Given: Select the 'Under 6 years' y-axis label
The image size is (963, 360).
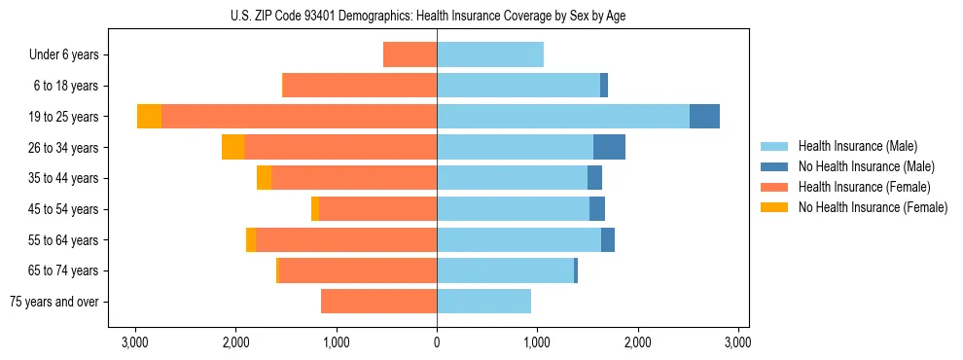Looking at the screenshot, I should tap(64, 54).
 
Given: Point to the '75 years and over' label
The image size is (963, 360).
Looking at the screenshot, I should tap(53, 302).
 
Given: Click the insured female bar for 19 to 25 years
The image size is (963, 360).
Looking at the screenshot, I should tap(299, 117).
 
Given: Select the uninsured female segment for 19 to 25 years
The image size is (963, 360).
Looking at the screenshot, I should tap(149, 117).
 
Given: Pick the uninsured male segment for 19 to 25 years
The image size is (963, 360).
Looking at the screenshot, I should tap(704, 117).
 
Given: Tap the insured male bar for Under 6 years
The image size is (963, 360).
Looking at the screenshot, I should tap(490, 54).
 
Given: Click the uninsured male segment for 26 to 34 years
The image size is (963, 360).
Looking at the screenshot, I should tap(609, 147).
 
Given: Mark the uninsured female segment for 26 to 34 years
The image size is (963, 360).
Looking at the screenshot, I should tap(232, 147).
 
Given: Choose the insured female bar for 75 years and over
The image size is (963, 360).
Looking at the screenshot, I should tap(378, 302).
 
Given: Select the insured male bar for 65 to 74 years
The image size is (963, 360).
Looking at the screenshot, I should tap(505, 270).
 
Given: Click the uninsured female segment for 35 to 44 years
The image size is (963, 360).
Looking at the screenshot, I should tap(264, 178).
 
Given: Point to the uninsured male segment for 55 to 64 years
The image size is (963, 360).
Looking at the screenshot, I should tap(608, 239).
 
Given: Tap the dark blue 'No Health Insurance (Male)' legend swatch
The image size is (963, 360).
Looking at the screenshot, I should tap(774, 166).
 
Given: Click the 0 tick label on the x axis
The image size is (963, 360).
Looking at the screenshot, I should tap(437, 342).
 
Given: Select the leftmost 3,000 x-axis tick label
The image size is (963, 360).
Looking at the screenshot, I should tap(134, 342).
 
